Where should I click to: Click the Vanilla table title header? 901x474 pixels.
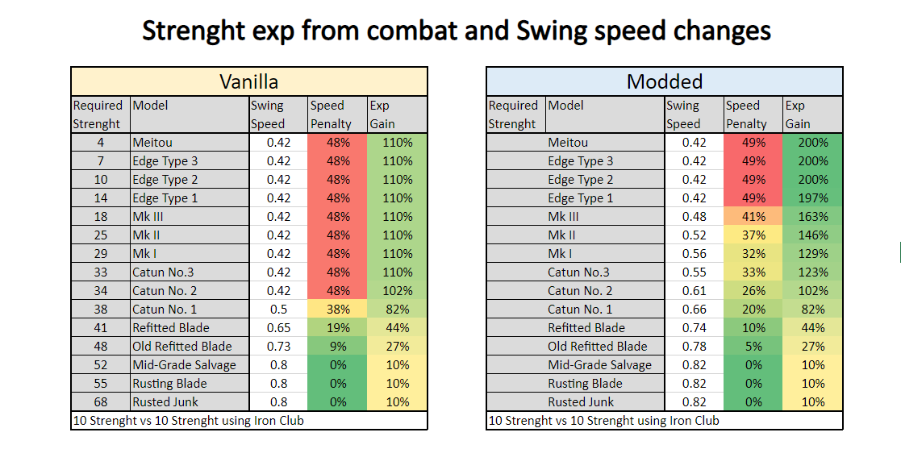249,81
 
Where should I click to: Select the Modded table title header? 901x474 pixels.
665,81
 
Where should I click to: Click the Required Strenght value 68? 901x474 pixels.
100,402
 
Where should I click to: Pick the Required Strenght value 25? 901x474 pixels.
100,235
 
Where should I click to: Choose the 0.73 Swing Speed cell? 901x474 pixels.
279,347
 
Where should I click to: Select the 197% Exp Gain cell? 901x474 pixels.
812,198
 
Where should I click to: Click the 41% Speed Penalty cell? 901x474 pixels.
753,217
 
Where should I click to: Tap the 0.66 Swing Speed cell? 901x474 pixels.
694,310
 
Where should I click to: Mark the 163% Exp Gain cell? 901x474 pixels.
812,217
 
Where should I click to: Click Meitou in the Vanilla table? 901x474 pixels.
152,143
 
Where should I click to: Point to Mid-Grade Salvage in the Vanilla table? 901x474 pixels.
185,365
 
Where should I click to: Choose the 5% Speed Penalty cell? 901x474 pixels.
753,347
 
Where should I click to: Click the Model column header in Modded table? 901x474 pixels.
565,106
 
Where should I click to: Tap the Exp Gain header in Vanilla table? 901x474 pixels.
382,114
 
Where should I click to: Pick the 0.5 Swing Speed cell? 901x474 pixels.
279,310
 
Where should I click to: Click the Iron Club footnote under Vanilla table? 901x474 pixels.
188,421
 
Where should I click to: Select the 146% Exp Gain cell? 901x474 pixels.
812,235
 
